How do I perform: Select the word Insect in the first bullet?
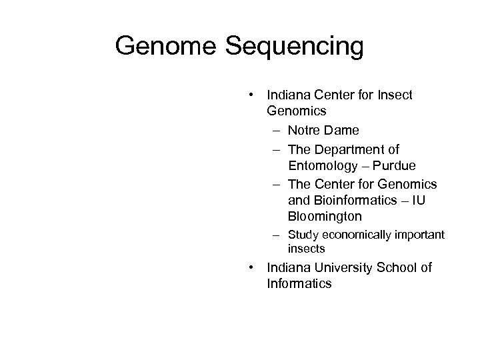point(395,95)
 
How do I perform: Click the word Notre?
point(304,131)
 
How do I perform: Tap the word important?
point(420,235)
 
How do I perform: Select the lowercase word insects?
point(306,249)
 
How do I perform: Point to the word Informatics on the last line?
point(299,284)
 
